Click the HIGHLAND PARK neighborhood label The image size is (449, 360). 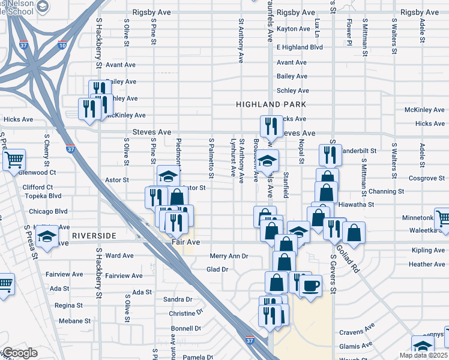tap(271, 104)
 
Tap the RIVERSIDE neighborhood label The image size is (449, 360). tap(93, 236)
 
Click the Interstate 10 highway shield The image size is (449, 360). tap(62, 44)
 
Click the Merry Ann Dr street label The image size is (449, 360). tap(229, 256)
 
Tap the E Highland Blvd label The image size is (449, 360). tap(300, 47)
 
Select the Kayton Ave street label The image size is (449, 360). tap(294, 29)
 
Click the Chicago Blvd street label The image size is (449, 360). tap(48, 211)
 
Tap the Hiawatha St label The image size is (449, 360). tap(357, 204)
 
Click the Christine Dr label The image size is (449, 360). tap(185, 314)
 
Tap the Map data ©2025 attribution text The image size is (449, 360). tap(424, 355)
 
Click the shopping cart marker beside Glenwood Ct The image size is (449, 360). tap(13, 160)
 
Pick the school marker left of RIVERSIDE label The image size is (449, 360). tap(46, 236)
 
